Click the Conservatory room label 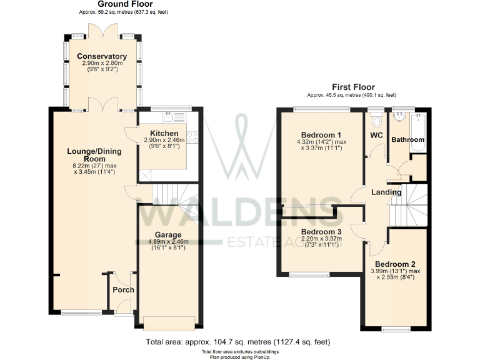tap(102, 57)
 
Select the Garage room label tap(168, 235)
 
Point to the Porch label tap(123, 290)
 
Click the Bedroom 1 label tap(321, 135)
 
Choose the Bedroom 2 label tap(397, 264)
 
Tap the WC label tap(376, 135)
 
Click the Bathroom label tap(407, 140)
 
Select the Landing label tap(386, 192)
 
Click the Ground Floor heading tap(125, 4)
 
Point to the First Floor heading tap(353, 87)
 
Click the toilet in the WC tap(376, 119)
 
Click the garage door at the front tap(169, 323)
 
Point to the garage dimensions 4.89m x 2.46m tap(168, 242)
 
